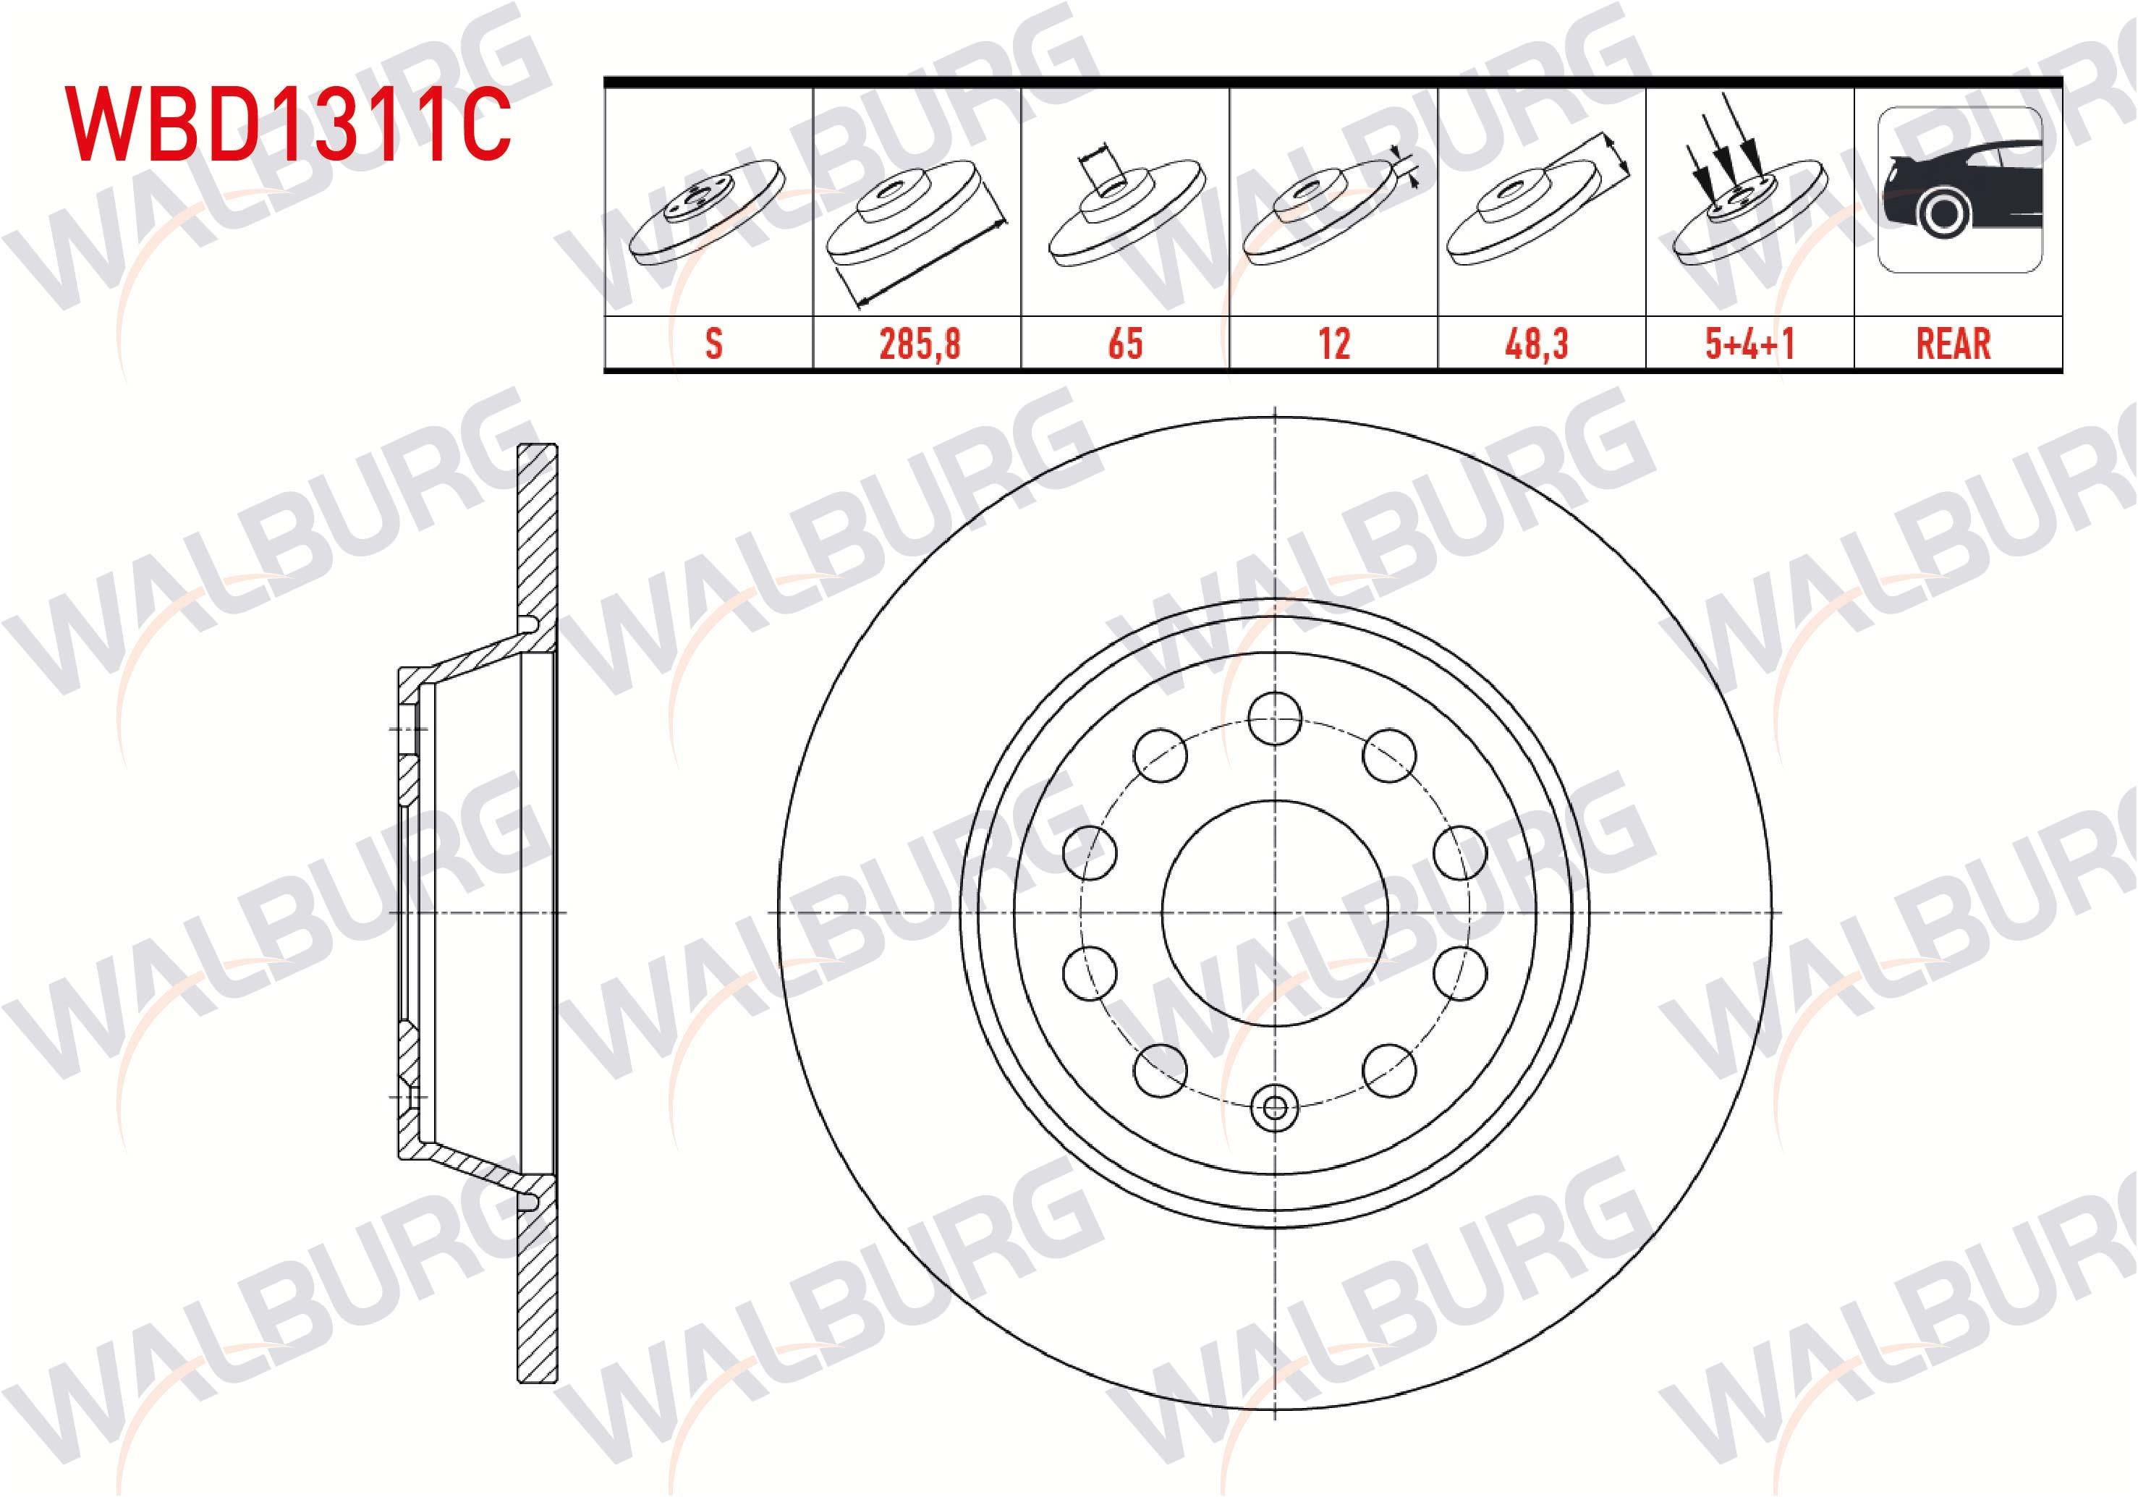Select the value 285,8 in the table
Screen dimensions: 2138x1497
pos(919,344)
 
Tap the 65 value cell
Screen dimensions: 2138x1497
pos(1125,344)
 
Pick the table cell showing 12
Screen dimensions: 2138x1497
pos(1333,344)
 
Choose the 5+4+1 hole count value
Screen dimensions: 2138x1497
pos(1749,344)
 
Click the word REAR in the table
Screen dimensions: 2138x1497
pos(1954,344)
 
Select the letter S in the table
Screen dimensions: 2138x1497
pos(713,344)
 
